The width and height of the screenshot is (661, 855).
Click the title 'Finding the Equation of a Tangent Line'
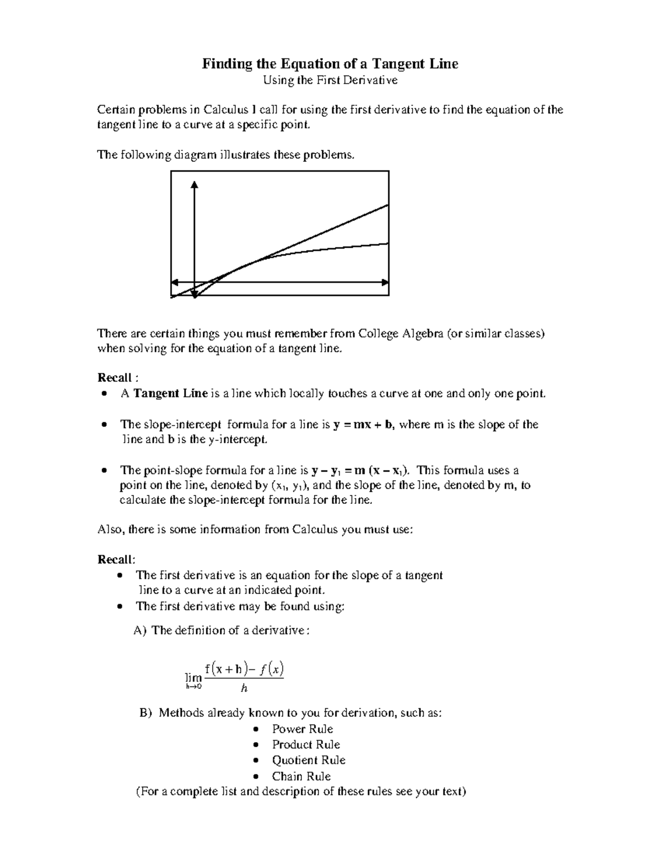(330, 64)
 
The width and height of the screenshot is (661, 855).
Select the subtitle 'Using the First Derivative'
(330, 81)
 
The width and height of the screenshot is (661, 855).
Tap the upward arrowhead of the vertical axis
(194, 184)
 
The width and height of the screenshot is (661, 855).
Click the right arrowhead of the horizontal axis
(385, 282)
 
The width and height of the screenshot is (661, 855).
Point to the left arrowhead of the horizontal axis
(175, 282)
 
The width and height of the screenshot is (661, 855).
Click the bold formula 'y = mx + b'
(364, 424)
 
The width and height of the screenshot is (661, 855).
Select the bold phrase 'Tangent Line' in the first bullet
(171, 394)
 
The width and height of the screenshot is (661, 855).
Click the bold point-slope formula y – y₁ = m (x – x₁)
(360, 471)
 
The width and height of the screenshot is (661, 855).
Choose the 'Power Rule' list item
(302, 729)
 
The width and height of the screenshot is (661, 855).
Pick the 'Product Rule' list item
(306, 744)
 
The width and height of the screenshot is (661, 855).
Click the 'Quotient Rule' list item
(308, 760)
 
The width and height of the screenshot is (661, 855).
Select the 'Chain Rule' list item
(301, 776)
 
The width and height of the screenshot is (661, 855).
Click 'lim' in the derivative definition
(194, 679)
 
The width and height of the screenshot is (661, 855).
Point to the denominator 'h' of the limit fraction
(244, 688)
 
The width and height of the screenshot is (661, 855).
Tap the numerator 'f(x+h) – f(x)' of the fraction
(243, 669)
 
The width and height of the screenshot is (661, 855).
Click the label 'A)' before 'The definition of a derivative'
(140, 630)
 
